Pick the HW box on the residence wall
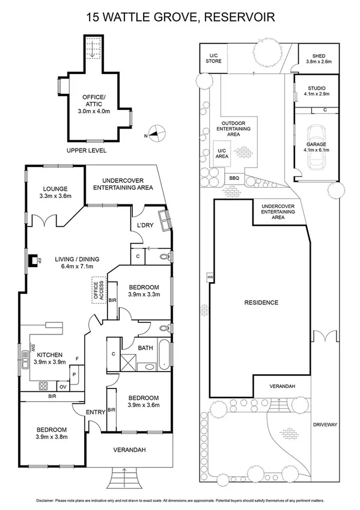point(210,277)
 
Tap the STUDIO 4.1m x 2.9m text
point(318,91)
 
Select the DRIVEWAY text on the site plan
point(325,425)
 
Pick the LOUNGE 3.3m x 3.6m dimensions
point(55,196)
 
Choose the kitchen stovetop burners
point(43,386)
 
